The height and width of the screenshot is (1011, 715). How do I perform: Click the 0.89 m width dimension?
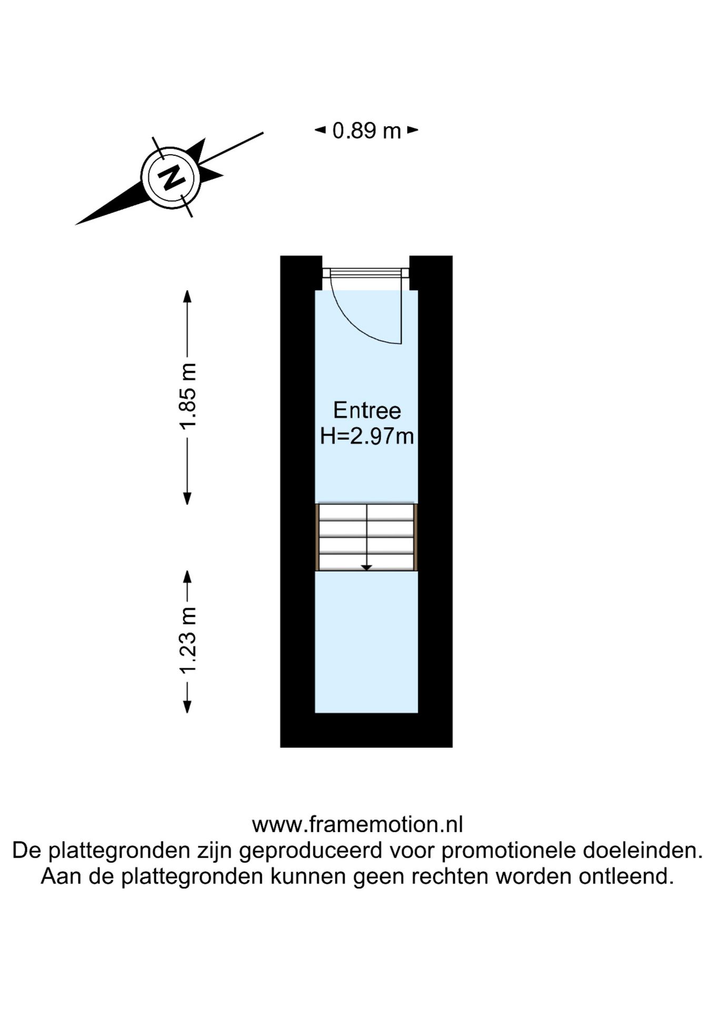coord(366,131)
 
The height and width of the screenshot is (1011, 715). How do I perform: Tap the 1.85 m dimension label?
coord(188,396)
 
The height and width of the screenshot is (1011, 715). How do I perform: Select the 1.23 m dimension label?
coord(188,640)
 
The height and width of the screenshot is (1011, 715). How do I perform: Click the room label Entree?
coord(367,410)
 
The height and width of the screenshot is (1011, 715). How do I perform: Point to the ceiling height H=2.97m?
coord(367,436)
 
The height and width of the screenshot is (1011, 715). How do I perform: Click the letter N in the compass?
coord(171,177)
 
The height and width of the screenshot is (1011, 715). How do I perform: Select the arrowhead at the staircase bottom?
coord(366,568)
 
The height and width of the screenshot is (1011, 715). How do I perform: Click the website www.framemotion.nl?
coord(357,824)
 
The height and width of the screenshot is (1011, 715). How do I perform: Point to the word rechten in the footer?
coord(451,876)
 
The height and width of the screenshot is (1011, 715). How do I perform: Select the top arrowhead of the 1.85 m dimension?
coord(187,296)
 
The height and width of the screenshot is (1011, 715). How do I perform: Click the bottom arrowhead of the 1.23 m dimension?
coord(187,707)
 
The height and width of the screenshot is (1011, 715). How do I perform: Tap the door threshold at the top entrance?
coord(366,273)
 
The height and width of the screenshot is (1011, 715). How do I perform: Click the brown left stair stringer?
coord(317,537)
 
